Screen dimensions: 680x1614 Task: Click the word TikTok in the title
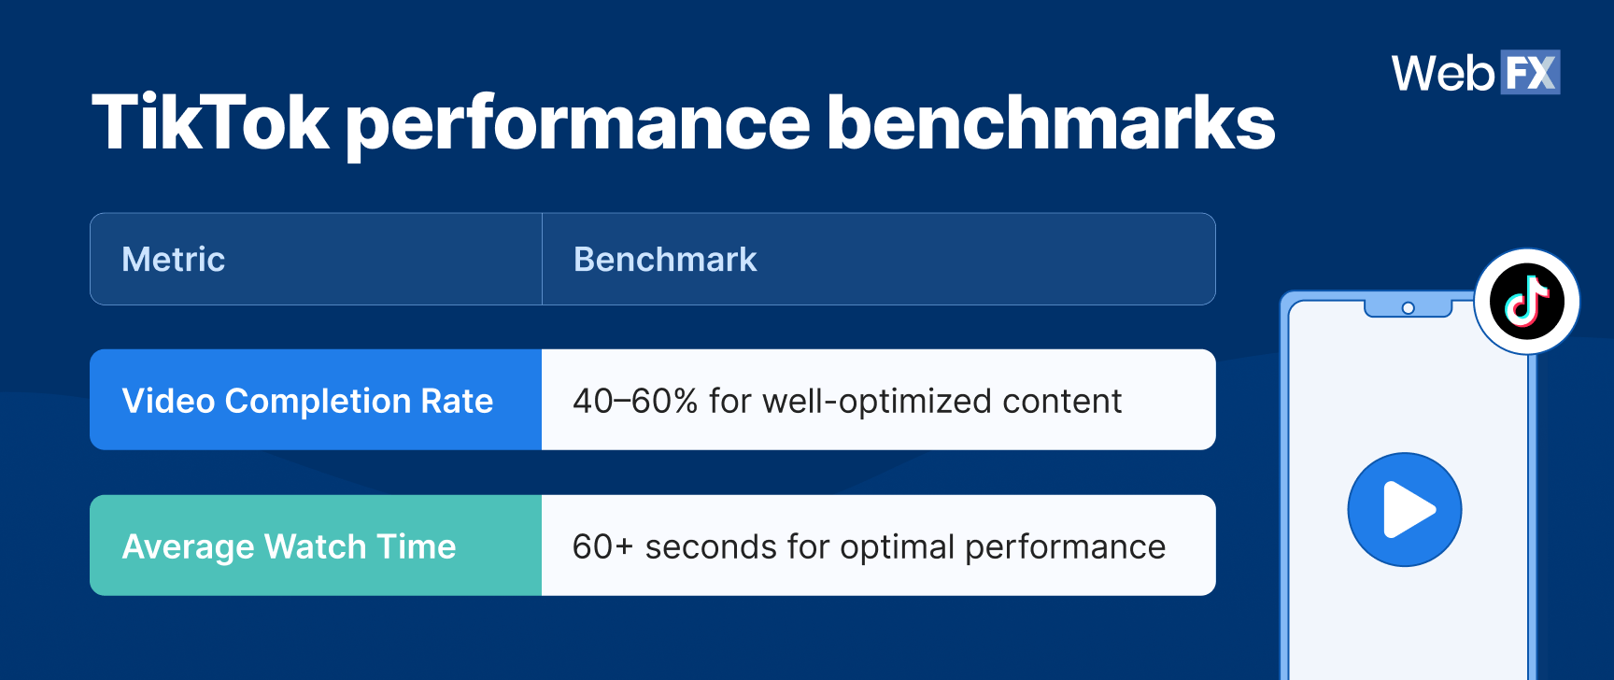pyautogui.click(x=210, y=122)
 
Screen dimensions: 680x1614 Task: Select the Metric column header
pyautogui.click(x=174, y=260)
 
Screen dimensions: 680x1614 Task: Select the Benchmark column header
pyautogui.click(x=665, y=260)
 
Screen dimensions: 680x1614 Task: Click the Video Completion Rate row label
pyautogui.click(x=307, y=401)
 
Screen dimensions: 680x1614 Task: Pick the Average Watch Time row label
pyautogui.click(x=289, y=546)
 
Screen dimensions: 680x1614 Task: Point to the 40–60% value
pyautogui.click(x=635, y=401)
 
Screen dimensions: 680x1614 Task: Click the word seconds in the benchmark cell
pyautogui.click(x=710, y=546)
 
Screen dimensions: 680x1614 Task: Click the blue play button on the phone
pyautogui.click(x=1404, y=510)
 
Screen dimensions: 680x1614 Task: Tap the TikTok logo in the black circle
pyautogui.click(x=1526, y=302)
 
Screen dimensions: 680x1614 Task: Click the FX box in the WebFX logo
pyautogui.click(x=1530, y=73)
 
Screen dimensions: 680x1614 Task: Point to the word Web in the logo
pyautogui.click(x=1443, y=73)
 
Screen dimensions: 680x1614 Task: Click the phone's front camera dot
pyautogui.click(x=1408, y=308)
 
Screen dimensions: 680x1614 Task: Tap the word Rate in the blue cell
pyautogui.click(x=457, y=401)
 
